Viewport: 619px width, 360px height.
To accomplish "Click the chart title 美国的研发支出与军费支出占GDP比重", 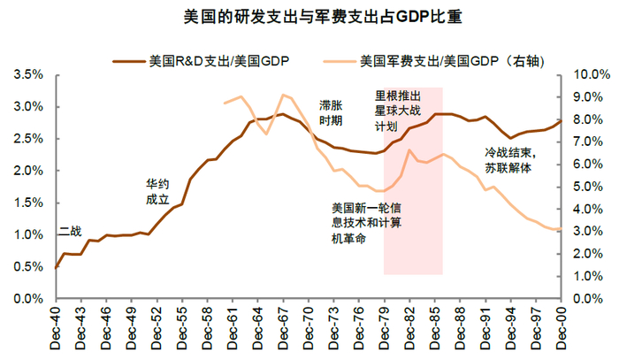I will tap(309, 17).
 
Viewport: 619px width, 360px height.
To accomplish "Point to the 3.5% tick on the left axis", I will tap(29, 75).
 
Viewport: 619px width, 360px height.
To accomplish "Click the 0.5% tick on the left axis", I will tap(29, 267).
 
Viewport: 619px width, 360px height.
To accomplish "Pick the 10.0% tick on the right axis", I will tap(586, 75).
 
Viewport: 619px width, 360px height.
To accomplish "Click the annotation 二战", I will tap(69, 231).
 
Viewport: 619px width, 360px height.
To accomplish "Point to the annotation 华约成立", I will tap(157, 193).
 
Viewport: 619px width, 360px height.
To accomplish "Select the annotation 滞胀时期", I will tap(331, 112).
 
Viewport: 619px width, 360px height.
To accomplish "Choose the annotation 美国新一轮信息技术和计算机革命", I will tap(366, 223).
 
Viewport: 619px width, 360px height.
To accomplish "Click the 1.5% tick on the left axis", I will tap(29, 203).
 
